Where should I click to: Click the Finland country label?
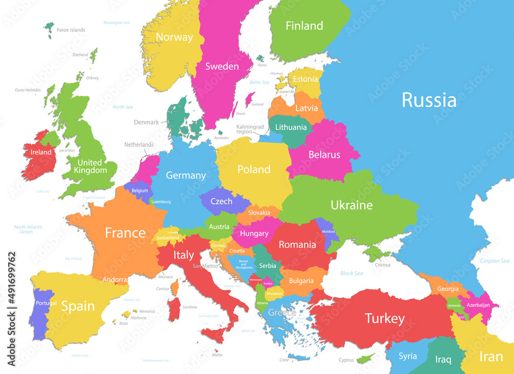pos(304,26)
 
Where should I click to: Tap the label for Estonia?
pos(305,80)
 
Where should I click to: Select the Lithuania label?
pos(290,127)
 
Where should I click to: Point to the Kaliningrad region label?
pos(250,129)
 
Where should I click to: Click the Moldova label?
pos(328,231)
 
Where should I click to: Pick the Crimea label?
pos(382,265)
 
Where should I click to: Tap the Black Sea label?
pos(352,273)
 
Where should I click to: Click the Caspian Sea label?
pos(494,261)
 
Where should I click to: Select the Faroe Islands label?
pos(71,30)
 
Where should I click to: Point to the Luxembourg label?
pos(161,202)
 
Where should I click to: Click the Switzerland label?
pos(168,238)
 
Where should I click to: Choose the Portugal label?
pos(46,303)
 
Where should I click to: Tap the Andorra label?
pos(115,280)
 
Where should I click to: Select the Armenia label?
pos(454,306)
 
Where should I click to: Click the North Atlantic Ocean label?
pos(28,229)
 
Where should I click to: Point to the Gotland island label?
pos(258,104)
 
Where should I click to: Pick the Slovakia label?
pos(259,212)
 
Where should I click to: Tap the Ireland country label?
pos(41,152)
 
